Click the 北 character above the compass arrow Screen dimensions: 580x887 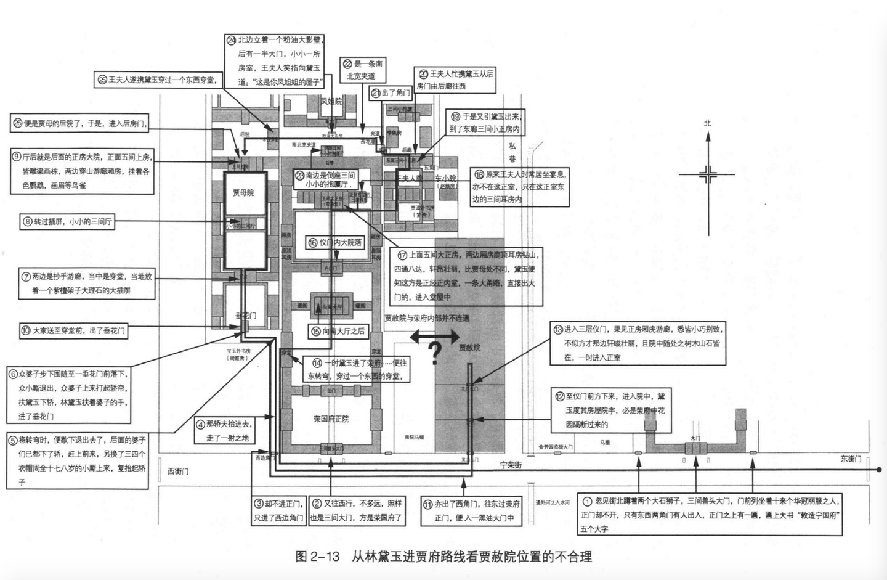point(707,123)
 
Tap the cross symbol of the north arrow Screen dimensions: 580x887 point(708,174)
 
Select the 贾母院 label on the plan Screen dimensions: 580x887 point(243,193)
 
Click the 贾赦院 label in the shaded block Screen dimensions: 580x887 point(469,347)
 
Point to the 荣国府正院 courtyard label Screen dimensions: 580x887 point(331,419)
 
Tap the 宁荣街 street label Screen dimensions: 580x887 point(511,465)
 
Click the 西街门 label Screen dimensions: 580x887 point(178,472)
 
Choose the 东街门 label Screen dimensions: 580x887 point(851,459)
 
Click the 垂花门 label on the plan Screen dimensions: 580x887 point(245,315)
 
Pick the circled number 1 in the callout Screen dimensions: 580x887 point(587,501)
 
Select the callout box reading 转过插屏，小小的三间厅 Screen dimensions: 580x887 point(68,221)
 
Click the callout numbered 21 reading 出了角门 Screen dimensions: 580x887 point(391,93)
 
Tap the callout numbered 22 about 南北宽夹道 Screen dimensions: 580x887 point(363,70)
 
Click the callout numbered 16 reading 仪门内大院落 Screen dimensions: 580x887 point(336,242)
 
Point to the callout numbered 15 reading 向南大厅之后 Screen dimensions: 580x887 point(338,331)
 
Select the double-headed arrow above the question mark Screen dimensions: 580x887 point(435,336)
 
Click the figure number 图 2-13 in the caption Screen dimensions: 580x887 point(317,557)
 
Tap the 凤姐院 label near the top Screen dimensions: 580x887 point(331,101)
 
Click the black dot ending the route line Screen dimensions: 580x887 point(879,470)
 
